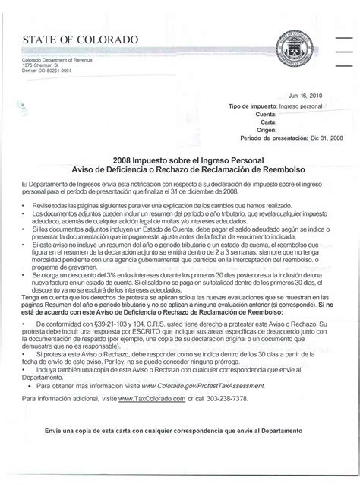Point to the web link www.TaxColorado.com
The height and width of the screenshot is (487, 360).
[x=150, y=398]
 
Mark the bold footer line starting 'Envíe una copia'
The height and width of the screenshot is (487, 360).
[x=173, y=430]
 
